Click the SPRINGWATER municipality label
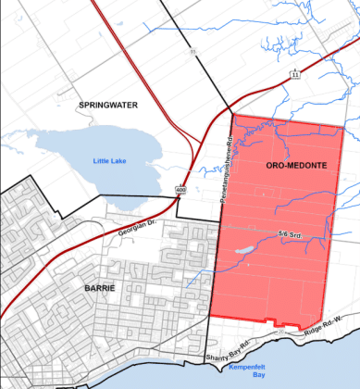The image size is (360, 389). (107, 106)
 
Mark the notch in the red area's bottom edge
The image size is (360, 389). (272, 321)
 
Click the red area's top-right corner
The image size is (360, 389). (343, 127)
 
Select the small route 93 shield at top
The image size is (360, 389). (194, 52)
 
